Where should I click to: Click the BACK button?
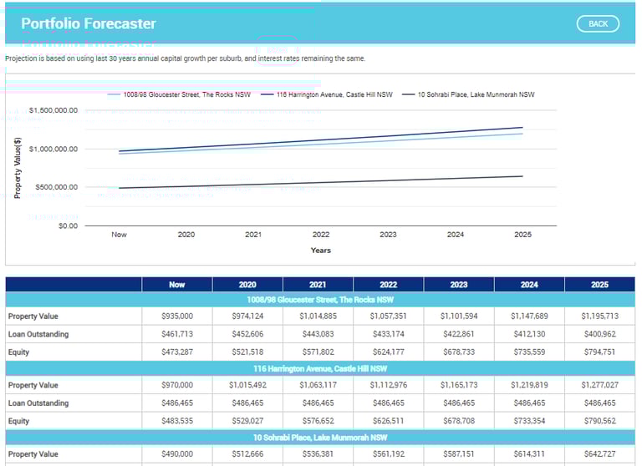click(x=598, y=23)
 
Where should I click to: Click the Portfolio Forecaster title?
click(x=89, y=23)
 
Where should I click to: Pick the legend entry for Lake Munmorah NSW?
click(x=476, y=94)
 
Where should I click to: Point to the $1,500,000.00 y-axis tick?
click(x=53, y=110)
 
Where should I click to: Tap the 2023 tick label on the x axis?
click(x=388, y=235)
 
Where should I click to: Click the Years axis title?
click(x=320, y=250)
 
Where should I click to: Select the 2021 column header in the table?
click(x=318, y=285)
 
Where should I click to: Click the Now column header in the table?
click(x=177, y=285)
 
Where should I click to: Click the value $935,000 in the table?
click(x=177, y=317)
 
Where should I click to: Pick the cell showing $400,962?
click(x=599, y=334)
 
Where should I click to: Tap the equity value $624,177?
click(x=388, y=352)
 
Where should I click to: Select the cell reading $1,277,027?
click(x=599, y=385)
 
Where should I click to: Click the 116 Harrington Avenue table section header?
click(x=320, y=368)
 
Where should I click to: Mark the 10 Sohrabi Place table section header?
click(x=320, y=437)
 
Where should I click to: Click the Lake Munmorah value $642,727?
click(x=599, y=454)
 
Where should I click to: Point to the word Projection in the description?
click(x=23, y=58)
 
